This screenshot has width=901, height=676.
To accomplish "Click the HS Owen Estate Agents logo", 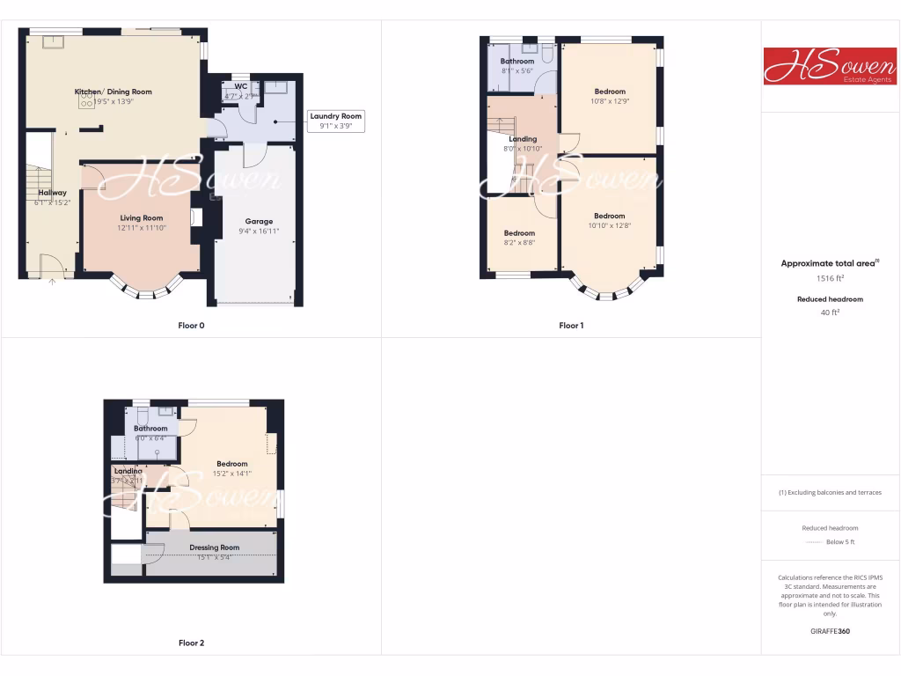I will pos(830,66).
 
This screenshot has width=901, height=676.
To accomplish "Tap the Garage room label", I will pos(259,221).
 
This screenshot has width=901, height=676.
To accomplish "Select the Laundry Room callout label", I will pos(335,116).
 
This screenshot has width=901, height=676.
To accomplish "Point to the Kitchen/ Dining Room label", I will pos(113,92).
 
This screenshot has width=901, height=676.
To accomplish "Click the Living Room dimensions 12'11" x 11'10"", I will pos(142,228).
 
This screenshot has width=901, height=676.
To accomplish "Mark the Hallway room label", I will pos(52,193).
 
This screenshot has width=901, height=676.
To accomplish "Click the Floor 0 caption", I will pos(191,326).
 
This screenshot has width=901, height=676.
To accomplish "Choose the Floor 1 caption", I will pos(571,326).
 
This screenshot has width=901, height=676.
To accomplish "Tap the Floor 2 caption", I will pos(191,643).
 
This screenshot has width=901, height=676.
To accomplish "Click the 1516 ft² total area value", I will pos(831,278).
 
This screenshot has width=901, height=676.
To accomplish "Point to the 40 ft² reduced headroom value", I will pos(831,312).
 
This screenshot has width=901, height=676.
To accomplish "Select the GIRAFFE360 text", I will pos(831,631).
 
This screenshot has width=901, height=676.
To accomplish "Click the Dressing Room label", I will pos(215,547).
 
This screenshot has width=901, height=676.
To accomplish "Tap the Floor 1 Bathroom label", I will pos(517,62).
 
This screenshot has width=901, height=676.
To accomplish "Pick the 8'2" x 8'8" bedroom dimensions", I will pos(519,243).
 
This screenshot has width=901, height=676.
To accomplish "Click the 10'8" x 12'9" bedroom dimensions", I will pos(610,101).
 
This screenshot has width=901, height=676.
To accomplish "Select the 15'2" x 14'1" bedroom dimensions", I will pos(232,474).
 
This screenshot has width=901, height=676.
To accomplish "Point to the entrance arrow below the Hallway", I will pos(52,282).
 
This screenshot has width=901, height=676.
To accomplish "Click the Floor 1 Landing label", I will pos(523,139).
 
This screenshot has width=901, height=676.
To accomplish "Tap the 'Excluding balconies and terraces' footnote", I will pos(831,492).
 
